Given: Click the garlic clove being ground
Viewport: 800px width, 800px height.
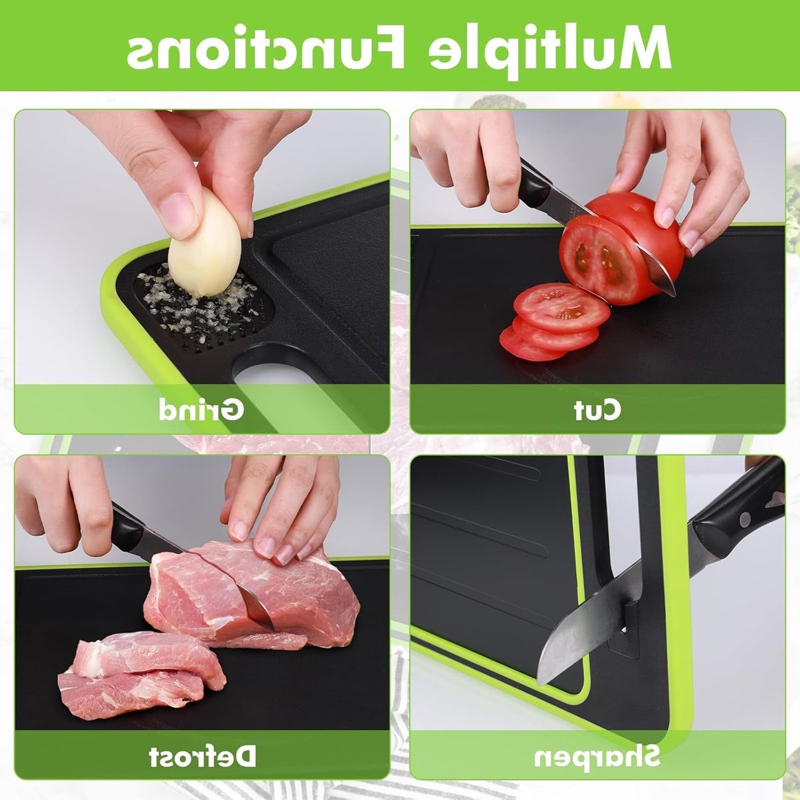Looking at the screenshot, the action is click(204, 243).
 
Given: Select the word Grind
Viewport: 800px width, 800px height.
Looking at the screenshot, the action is click(201, 410).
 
